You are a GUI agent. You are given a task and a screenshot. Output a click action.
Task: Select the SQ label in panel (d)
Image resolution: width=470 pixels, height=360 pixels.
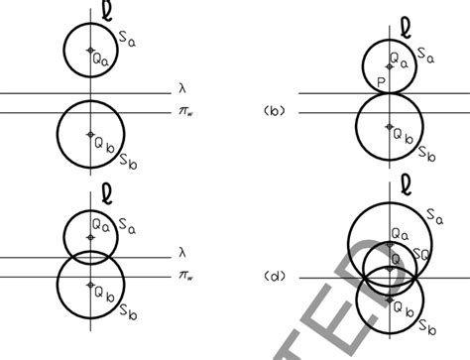[420, 257]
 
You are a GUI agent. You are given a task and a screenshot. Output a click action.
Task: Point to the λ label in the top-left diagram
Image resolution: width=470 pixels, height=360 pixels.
[181, 87]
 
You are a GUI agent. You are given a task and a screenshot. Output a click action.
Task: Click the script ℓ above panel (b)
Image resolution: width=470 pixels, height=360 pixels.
[403, 23]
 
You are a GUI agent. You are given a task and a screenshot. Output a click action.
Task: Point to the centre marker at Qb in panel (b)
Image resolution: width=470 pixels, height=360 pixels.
[390, 128]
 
